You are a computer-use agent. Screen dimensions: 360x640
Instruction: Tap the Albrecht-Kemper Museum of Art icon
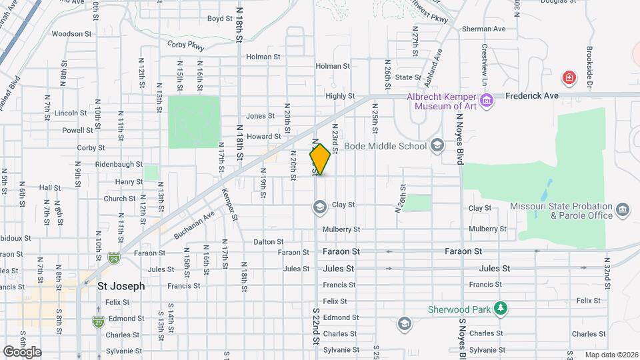tap(487, 101)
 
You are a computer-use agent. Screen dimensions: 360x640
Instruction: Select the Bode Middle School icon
tap(437, 146)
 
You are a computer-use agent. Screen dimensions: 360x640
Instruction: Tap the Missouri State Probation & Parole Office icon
tap(623, 211)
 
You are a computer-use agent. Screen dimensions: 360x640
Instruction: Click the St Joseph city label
tap(121, 286)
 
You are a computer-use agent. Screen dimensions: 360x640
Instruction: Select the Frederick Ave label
tap(531, 96)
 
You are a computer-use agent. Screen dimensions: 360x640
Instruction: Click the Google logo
tap(22, 351)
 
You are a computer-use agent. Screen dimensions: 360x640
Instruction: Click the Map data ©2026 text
tap(610, 355)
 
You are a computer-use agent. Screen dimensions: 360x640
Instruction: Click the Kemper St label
tap(230, 203)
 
